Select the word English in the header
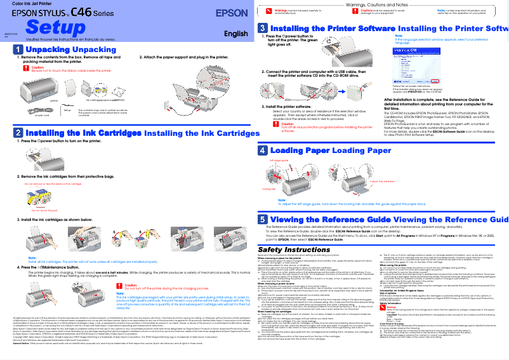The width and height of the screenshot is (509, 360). (235, 34)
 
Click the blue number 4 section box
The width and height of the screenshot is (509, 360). (262, 150)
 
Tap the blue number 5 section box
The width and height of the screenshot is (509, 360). (262, 218)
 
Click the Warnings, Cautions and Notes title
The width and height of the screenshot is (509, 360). (381, 4)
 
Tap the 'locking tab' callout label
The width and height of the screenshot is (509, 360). (269, 189)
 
